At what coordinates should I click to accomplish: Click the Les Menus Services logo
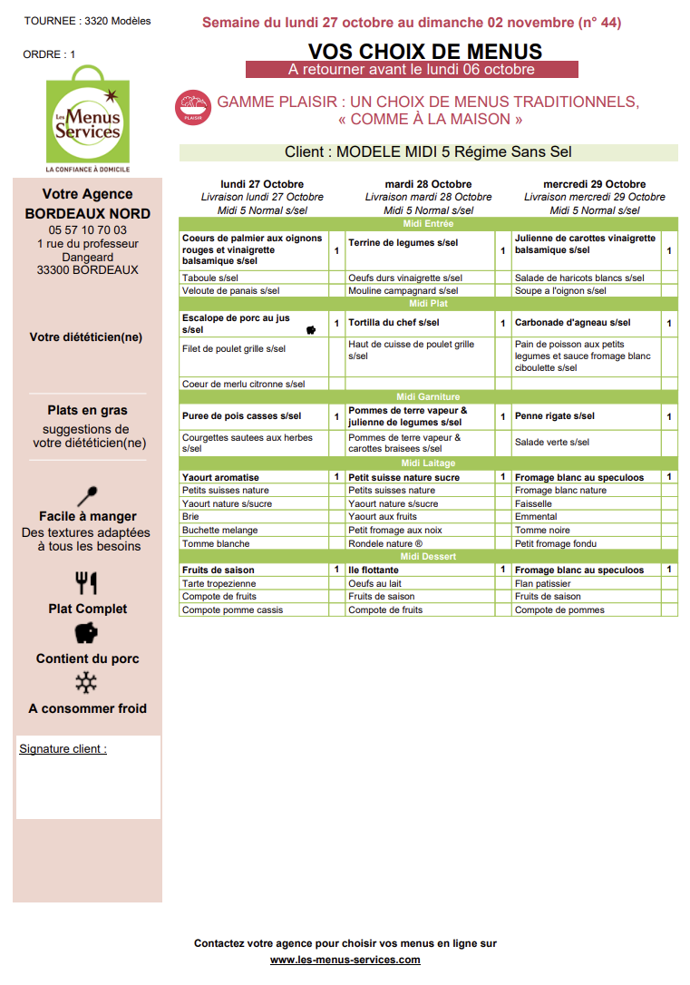pyautogui.click(x=87, y=120)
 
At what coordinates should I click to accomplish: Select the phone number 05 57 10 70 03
pyautogui.click(x=88, y=230)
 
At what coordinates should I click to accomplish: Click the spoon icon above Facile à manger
pyautogui.click(x=88, y=496)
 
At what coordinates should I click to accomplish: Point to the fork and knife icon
pyautogui.click(x=87, y=582)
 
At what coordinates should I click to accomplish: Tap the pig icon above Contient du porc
pyautogui.click(x=87, y=633)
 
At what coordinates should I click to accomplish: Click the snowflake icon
pyautogui.click(x=87, y=682)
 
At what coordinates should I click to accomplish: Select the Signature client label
pyautogui.click(x=63, y=749)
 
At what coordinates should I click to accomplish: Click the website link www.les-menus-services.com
pyautogui.click(x=345, y=960)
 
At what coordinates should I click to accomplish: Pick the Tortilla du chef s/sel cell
pyautogui.click(x=394, y=323)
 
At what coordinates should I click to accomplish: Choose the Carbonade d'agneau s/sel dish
pyautogui.click(x=572, y=323)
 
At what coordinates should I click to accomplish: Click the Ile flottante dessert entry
pyautogui.click(x=374, y=570)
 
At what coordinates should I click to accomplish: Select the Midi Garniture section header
pyautogui.click(x=428, y=396)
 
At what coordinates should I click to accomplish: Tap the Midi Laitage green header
pyautogui.click(x=428, y=463)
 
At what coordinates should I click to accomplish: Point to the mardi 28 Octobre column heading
pyautogui.click(x=428, y=184)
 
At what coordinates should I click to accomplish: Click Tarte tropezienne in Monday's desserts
pyautogui.click(x=219, y=583)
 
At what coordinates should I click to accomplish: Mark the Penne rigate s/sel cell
pyautogui.click(x=555, y=416)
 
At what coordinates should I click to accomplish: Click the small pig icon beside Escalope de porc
pyautogui.click(x=311, y=329)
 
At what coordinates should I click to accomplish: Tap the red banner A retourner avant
pyautogui.click(x=412, y=69)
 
